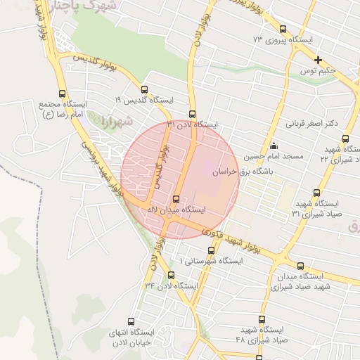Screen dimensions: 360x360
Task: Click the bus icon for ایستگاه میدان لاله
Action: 176,199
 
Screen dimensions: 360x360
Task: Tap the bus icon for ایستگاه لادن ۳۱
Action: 192,114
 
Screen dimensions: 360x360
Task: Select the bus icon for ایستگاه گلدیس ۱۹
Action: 145,90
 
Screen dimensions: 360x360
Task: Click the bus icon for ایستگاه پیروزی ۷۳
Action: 283,30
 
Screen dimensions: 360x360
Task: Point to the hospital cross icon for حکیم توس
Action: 319,60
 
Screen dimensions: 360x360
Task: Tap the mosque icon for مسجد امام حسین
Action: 274,146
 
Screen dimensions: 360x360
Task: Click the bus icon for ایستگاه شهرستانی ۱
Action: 211,250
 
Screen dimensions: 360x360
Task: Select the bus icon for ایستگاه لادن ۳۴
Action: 171,275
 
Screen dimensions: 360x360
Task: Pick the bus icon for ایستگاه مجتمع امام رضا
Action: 63,94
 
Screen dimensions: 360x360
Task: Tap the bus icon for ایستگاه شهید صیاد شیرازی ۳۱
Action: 316,192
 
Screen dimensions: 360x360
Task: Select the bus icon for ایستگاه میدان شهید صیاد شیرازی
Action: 301,266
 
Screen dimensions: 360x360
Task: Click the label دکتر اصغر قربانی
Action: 311,124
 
